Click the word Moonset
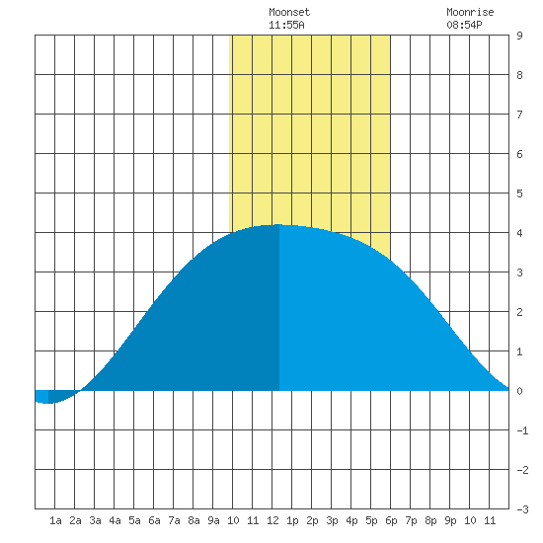tap(289, 12)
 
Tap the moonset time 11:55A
tap(286, 25)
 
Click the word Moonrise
tap(470, 12)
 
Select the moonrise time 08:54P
tap(464, 25)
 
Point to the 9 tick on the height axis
tap(519, 36)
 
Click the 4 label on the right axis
tap(519, 233)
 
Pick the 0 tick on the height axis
tap(519, 391)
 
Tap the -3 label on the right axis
tap(522, 509)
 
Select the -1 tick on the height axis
tap(522, 430)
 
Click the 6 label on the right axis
tap(519, 154)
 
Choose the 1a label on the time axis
tap(55, 520)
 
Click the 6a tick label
tap(154, 520)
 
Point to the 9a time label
tap(213, 520)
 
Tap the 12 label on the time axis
tap(272, 520)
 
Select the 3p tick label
tap(332, 520)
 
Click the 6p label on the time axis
tap(391, 520)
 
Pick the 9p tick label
tap(450, 520)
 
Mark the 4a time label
tap(115, 520)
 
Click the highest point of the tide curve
tap(279, 225)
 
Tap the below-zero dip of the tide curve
tap(47, 403)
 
